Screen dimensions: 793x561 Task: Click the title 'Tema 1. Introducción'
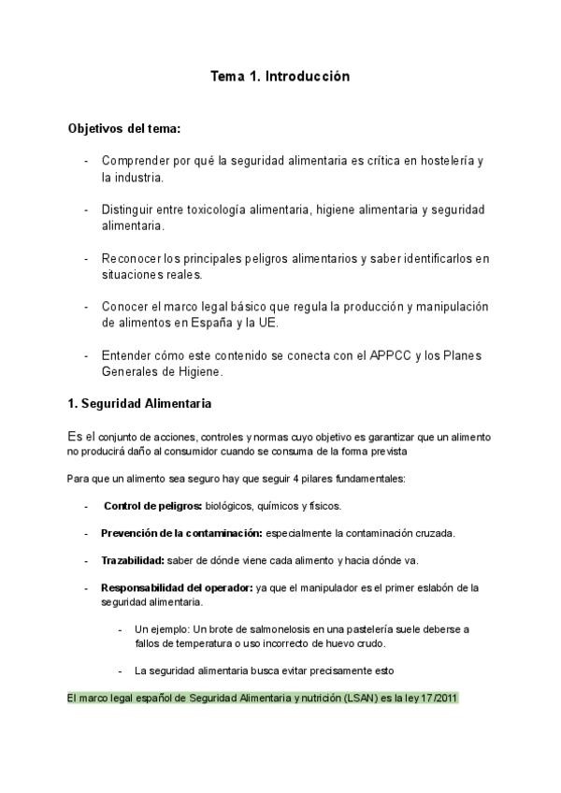pyautogui.click(x=280, y=77)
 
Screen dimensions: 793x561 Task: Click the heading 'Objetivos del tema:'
pyautogui.click(x=124, y=128)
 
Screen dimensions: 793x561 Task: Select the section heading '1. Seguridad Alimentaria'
pyautogui.click(x=140, y=404)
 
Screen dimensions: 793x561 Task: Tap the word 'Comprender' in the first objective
pyautogui.click(x=135, y=161)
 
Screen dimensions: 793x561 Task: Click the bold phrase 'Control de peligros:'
pyautogui.click(x=153, y=506)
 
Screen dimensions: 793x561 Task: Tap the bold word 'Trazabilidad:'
pyautogui.click(x=133, y=560)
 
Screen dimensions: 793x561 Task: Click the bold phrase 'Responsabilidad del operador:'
pyautogui.click(x=176, y=587)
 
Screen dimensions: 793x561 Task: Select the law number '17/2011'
pyautogui.click(x=438, y=698)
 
